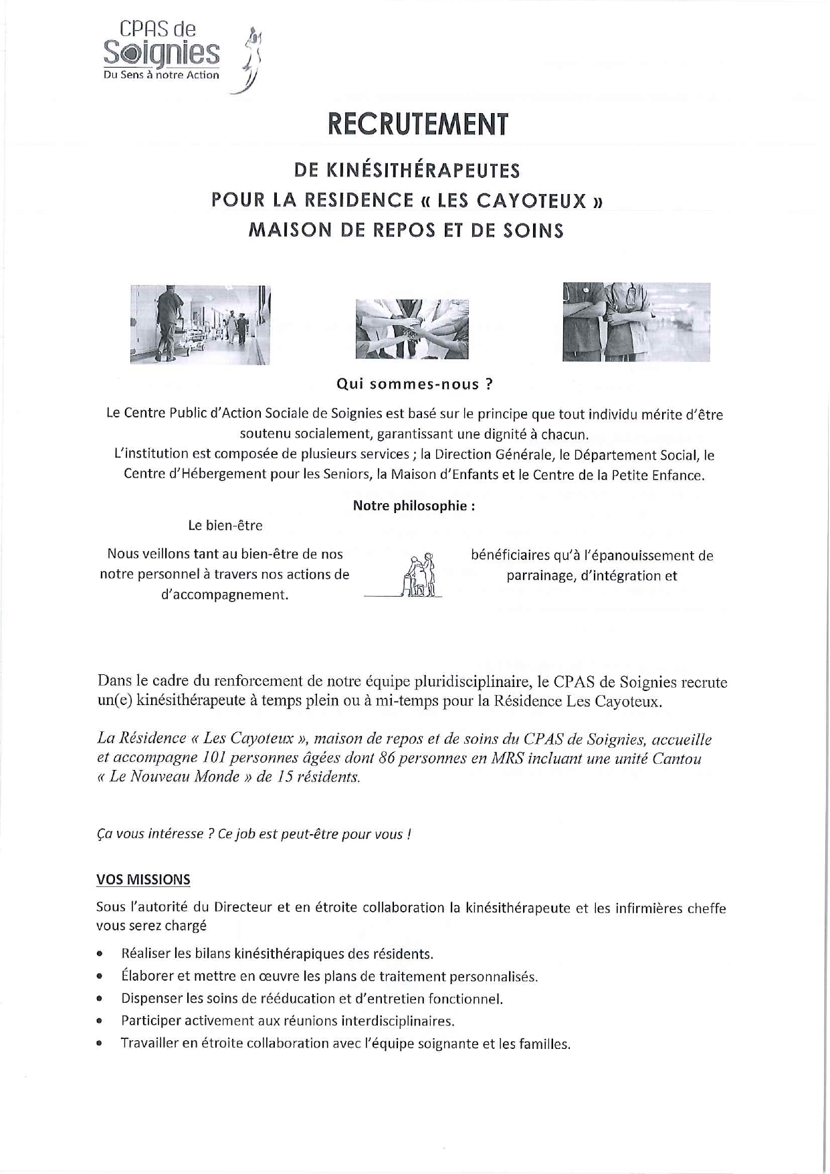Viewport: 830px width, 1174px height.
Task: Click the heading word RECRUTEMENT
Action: click(418, 125)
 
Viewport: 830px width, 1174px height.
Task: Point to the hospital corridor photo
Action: click(200, 324)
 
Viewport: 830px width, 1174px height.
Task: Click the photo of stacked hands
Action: click(412, 328)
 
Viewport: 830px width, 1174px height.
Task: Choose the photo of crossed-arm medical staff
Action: click(635, 322)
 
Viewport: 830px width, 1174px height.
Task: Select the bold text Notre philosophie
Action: click(413, 506)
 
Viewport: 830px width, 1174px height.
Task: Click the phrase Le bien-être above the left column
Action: click(225, 526)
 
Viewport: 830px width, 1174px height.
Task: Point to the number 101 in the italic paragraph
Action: click(211, 759)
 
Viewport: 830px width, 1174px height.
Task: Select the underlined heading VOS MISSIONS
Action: click(143, 880)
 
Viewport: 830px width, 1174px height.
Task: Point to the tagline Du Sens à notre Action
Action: click(161, 76)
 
